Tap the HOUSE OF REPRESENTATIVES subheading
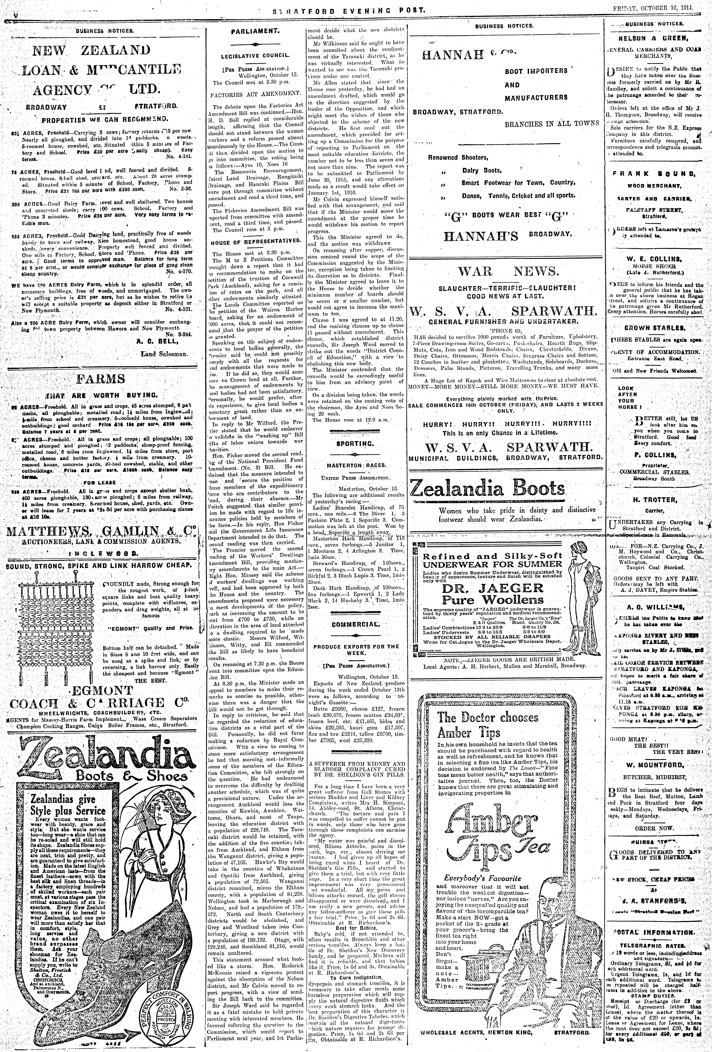click(x=256, y=242)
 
